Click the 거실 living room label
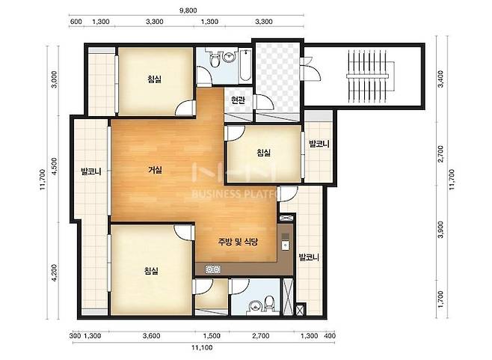(x=155, y=170)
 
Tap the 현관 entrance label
(x=238, y=100)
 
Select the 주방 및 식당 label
(x=238, y=242)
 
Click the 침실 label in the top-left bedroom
(x=154, y=79)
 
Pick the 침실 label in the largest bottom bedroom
(x=151, y=270)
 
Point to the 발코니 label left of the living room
(x=91, y=171)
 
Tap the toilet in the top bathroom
(x=215, y=59)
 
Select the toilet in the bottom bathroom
(x=270, y=302)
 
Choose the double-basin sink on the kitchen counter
(x=213, y=269)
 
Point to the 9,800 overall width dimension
(x=188, y=10)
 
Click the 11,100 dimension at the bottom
(x=202, y=348)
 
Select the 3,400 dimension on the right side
(x=441, y=79)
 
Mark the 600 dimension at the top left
(x=76, y=22)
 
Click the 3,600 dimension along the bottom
(x=152, y=336)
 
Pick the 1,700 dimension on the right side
(x=441, y=299)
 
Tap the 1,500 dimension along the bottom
(x=212, y=336)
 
